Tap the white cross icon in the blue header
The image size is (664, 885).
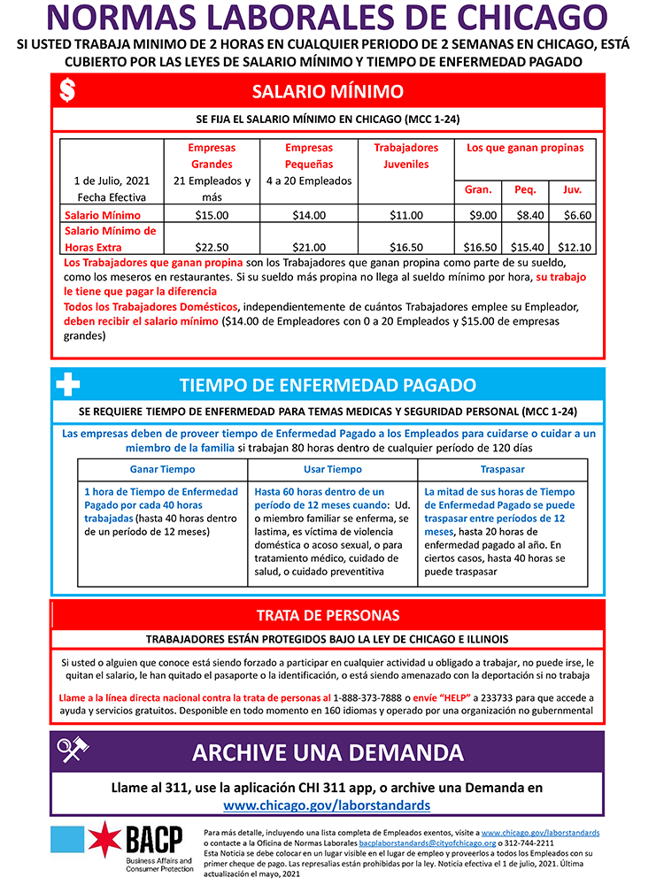click(x=67, y=385)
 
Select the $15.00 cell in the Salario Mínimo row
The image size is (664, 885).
click(x=212, y=214)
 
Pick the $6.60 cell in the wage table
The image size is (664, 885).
click(x=577, y=214)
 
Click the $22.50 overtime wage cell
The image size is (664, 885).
click(x=212, y=247)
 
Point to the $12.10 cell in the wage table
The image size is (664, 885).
click(x=577, y=247)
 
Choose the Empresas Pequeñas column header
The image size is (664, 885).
click(x=309, y=156)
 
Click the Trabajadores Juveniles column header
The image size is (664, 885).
click(x=405, y=156)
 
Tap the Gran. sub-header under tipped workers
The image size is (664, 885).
click(x=478, y=189)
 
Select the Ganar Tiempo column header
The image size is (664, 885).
click(x=162, y=469)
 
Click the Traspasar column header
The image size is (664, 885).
click(x=503, y=469)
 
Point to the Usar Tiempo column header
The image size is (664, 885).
click(x=333, y=469)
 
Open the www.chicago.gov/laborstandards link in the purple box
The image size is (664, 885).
click(x=327, y=805)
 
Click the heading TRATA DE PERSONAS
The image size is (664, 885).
click(x=328, y=615)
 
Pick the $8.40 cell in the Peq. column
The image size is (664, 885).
click(x=525, y=214)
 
